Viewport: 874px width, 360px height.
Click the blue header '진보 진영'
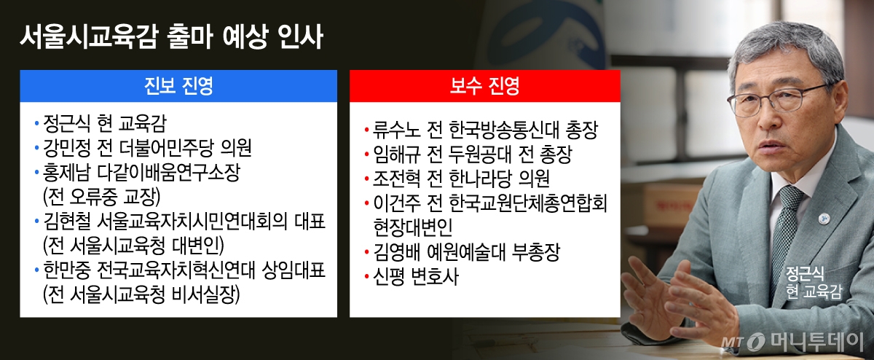point(178,86)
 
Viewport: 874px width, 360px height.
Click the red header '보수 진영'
point(484,86)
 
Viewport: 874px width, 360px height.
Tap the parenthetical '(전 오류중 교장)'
point(102,197)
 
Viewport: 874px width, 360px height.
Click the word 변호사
point(435,276)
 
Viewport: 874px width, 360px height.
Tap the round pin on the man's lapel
point(824,219)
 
